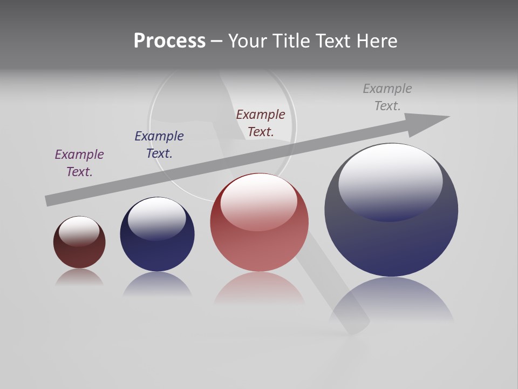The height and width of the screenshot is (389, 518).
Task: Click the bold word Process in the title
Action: [169, 41]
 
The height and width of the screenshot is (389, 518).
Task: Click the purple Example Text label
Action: [79, 163]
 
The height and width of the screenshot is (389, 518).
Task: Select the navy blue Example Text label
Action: [159, 144]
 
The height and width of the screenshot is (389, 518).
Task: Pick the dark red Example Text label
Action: [261, 123]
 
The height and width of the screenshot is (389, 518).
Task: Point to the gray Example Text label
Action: [387, 97]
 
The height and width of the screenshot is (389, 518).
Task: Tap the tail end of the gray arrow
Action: [50, 200]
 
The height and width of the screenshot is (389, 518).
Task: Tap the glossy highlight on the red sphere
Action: [259, 200]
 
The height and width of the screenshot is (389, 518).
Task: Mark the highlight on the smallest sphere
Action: [79, 230]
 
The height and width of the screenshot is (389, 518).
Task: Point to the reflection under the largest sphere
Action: [391, 303]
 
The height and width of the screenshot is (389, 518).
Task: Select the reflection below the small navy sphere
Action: [157, 284]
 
